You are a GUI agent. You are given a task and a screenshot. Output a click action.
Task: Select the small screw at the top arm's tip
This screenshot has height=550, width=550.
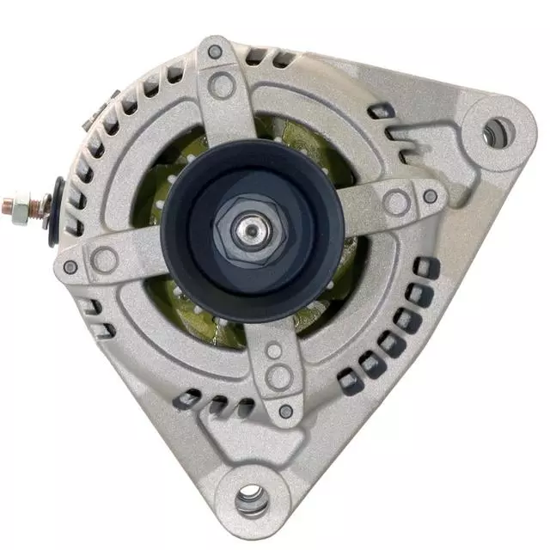click(214, 52)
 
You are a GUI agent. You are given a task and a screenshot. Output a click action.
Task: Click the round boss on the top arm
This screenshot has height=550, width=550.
click(223, 84)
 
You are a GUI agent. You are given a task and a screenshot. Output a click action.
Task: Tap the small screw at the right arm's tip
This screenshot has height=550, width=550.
click(430, 197)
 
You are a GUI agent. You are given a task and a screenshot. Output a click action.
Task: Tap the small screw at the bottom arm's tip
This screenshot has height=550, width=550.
click(284, 412)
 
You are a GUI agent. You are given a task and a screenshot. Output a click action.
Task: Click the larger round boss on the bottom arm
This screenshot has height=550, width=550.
click(279, 376)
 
